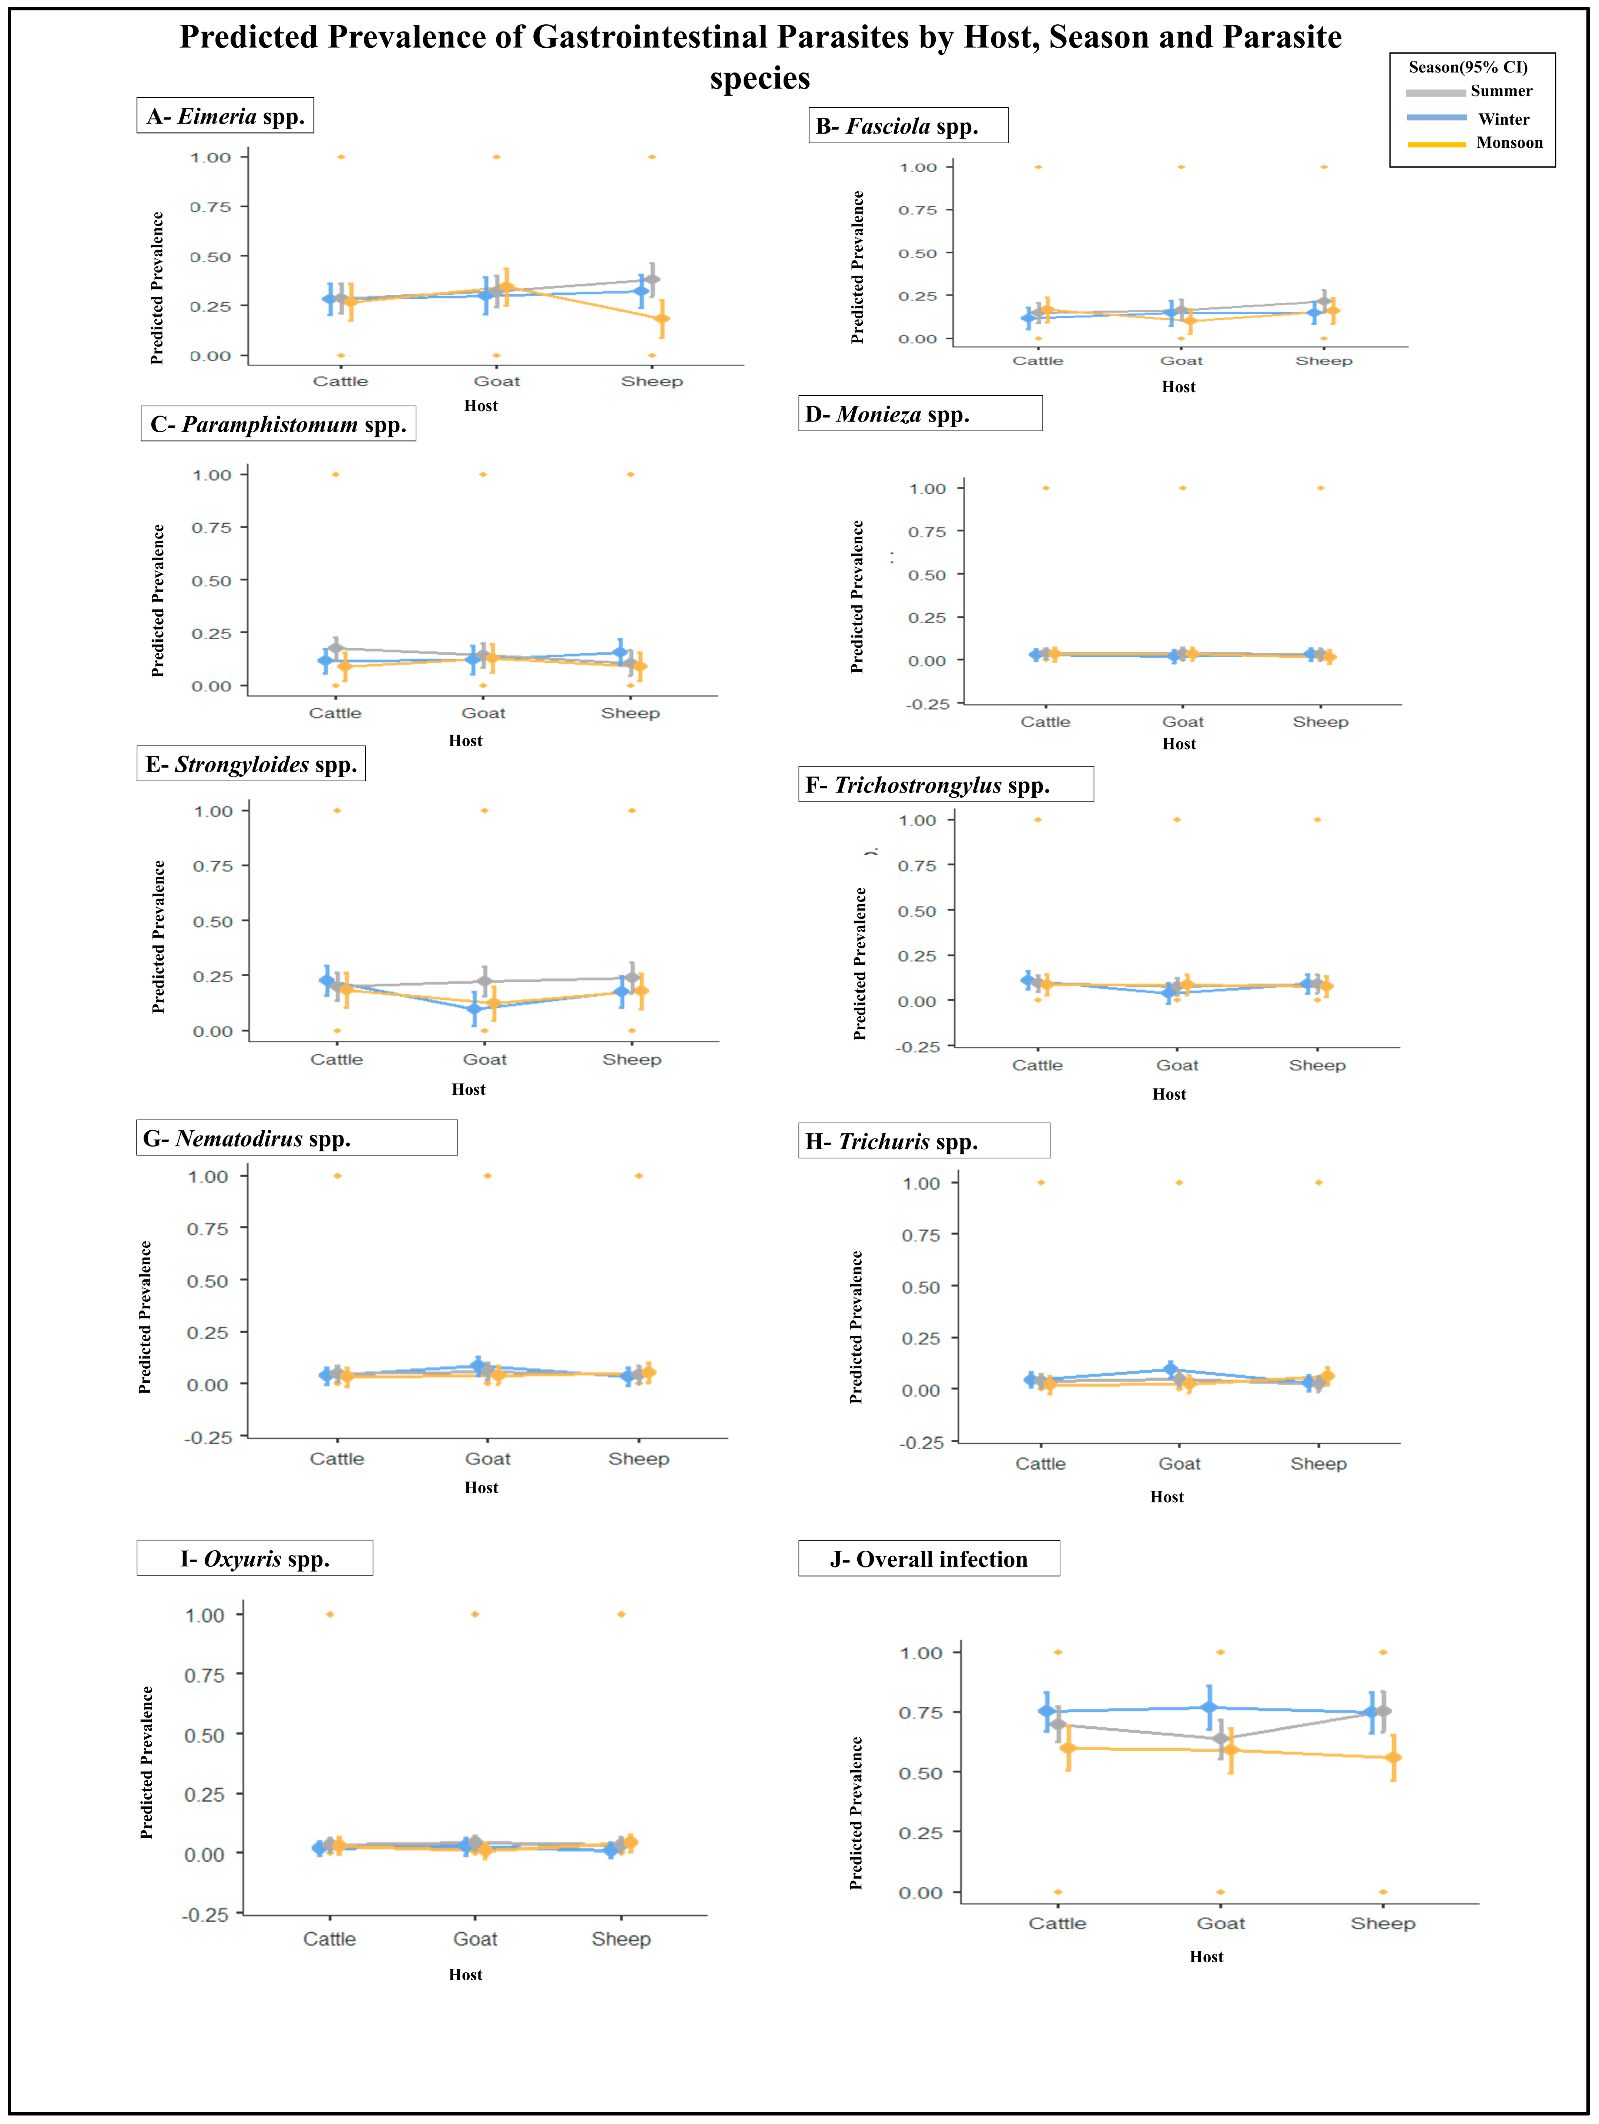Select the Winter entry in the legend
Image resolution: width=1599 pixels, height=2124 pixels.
1503,119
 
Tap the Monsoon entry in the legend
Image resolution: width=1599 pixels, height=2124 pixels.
1509,143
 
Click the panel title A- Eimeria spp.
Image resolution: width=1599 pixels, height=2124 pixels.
226,116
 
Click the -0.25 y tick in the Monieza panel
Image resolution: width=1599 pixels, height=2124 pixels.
927,704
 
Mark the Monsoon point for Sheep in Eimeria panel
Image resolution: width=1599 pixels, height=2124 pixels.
662,319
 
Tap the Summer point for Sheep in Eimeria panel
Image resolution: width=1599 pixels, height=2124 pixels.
652,279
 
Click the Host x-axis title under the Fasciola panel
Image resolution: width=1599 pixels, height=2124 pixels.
1179,387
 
